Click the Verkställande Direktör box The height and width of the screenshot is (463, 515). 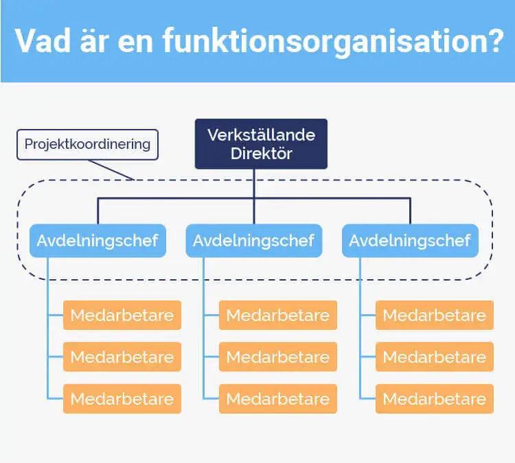tap(261, 144)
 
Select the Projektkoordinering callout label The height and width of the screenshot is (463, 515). tap(87, 145)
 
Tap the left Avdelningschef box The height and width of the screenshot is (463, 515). tap(98, 241)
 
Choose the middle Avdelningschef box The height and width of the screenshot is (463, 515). tap(253, 241)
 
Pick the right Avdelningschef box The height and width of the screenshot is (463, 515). tap(410, 241)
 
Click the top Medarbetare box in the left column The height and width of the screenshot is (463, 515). tap(122, 316)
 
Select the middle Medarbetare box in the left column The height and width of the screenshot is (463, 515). tap(122, 357)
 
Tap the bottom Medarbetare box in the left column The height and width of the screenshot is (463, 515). tap(122, 399)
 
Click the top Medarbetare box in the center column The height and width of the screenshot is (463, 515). tap(278, 316)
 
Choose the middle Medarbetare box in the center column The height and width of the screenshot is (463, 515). tap(278, 357)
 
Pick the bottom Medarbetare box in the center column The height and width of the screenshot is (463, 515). tap(278, 399)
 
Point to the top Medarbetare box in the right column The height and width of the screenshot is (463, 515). tap(434, 316)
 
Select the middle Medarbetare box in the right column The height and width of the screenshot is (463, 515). tap(434, 357)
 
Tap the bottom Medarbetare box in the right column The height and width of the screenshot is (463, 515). tap(434, 399)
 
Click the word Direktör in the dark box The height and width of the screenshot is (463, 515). tap(261, 154)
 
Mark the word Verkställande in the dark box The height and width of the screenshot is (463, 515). tap(261, 134)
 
